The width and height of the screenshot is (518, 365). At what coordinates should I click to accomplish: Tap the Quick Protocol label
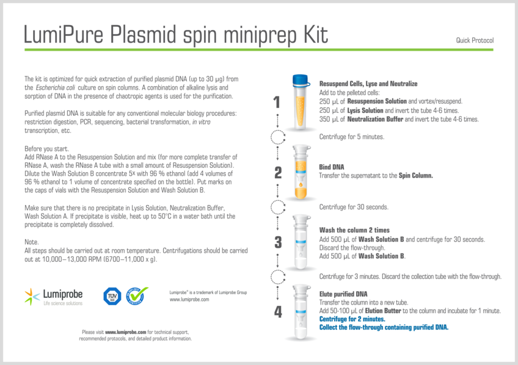tap(474, 40)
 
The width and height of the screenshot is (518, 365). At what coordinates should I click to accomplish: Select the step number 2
tap(278, 172)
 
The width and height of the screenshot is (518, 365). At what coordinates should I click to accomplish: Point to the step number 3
tap(278, 242)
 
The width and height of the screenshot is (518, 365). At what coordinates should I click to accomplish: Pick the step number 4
tap(278, 312)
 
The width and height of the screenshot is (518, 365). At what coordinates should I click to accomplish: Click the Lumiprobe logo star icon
tap(32, 297)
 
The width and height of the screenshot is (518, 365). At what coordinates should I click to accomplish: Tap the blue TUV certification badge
tap(112, 297)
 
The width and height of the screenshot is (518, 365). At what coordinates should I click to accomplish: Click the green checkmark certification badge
tap(137, 297)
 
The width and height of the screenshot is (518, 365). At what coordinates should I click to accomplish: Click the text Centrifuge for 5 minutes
tap(352, 137)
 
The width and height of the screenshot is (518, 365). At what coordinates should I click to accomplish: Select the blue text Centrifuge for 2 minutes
tap(352, 319)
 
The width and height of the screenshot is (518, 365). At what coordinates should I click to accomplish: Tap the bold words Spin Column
tap(415, 175)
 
